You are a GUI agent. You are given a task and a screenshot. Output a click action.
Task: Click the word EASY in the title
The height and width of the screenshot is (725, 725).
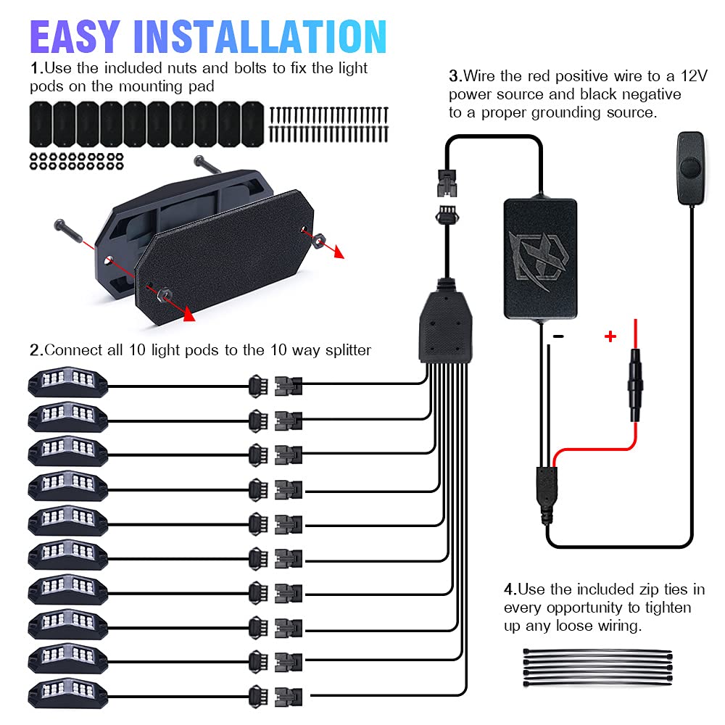[x=75, y=37]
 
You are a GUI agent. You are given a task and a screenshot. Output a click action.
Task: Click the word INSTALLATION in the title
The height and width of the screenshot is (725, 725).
[x=260, y=37]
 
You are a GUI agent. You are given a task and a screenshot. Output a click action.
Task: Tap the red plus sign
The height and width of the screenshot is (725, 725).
[x=610, y=336]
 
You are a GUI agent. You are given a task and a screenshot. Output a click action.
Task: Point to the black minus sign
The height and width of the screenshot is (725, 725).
[x=558, y=336]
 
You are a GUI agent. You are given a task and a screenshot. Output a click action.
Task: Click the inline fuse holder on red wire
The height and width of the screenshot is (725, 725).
[x=635, y=385]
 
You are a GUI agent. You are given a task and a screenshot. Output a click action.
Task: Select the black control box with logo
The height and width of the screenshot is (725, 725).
[x=540, y=259]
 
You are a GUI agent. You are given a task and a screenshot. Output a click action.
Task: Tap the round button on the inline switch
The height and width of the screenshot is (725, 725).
[x=690, y=167]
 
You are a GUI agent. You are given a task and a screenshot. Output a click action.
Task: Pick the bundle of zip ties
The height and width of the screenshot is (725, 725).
[x=597, y=667]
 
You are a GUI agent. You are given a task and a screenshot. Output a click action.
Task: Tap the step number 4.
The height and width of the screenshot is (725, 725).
[x=510, y=589]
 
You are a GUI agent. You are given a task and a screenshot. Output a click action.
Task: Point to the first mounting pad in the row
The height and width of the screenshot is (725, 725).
[x=41, y=124]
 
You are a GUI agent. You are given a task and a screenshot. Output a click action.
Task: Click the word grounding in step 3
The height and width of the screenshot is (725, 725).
[x=567, y=113]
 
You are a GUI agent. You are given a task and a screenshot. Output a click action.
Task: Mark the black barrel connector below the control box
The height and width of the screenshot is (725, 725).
[x=547, y=494]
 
